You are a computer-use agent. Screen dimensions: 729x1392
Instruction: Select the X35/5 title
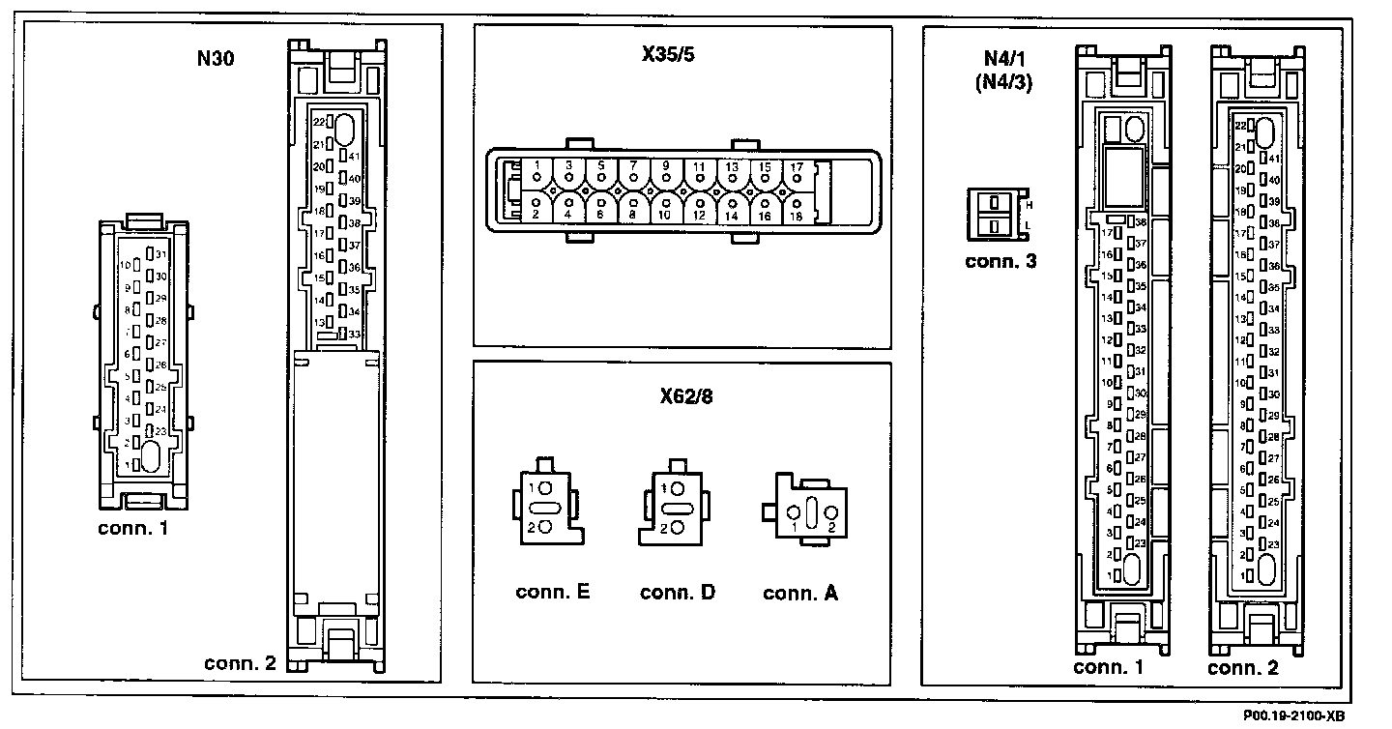pyautogui.click(x=669, y=54)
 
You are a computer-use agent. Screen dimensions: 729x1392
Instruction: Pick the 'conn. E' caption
pyautogui.click(x=553, y=592)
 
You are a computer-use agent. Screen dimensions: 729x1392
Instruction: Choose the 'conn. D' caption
pyautogui.click(x=678, y=592)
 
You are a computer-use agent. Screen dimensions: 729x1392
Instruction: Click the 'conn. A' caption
pyautogui.click(x=800, y=593)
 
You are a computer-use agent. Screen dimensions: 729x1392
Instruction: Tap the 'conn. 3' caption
pyautogui.click(x=1000, y=260)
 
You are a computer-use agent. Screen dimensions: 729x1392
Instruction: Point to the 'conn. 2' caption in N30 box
pyautogui.click(x=241, y=663)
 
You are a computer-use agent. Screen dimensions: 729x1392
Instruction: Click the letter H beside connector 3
pyautogui.click(x=1029, y=205)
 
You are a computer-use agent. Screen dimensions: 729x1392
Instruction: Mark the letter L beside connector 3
pyautogui.click(x=1029, y=227)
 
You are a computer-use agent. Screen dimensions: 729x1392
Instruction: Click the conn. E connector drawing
pyautogui.click(x=546, y=507)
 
